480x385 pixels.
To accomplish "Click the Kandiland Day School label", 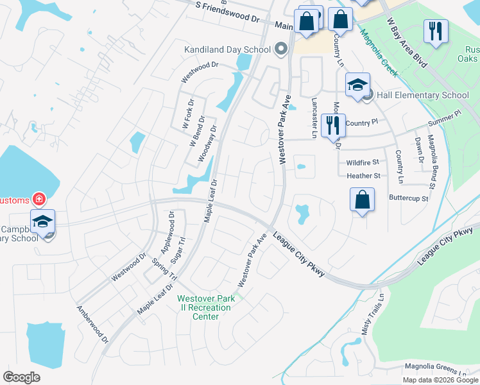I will coord(227,49).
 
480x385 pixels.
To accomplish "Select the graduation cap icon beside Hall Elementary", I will coord(358,85).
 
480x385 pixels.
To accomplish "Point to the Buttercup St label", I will coord(408,198).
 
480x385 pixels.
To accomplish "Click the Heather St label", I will coord(363,176).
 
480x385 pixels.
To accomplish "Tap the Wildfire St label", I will coord(363,163).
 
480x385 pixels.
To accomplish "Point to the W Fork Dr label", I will coord(188,113).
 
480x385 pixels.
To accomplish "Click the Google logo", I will coord(21,377).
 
